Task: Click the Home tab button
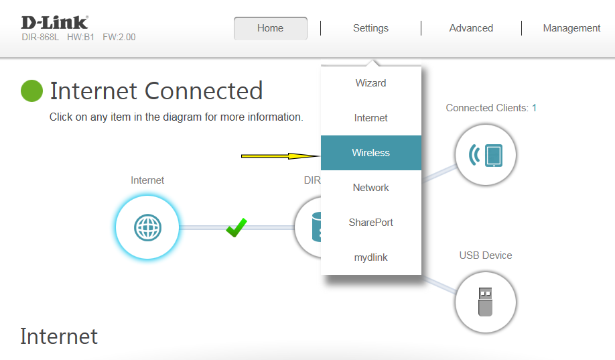[270, 28]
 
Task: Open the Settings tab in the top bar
[370, 28]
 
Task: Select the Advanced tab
[471, 28]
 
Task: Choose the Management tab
[571, 28]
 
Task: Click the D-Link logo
[54, 23]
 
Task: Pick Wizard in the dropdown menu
[370, 83]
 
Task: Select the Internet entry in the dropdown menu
[370, 118]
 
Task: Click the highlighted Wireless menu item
[370, 153]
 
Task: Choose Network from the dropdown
[370, 188]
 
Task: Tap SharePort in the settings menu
[370, 223]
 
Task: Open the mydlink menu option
[370, 257]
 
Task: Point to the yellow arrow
[281, 156]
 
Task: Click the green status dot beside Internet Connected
[31, 91]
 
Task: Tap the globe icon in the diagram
[147, 227]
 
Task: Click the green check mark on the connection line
[236, 228]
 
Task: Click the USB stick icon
[486, 302]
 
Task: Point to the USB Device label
[486, 255]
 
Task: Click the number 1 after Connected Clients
[534, 108]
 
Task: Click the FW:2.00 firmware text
[119, 38]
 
